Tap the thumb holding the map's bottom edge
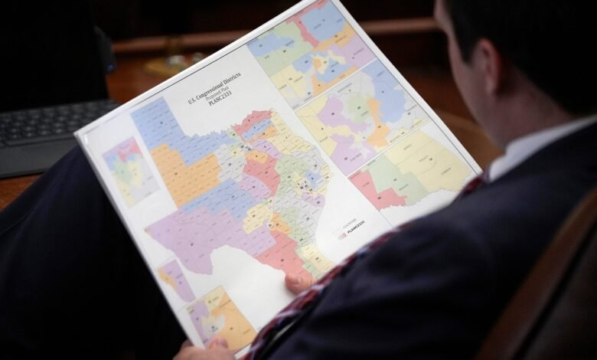click(x=299, y=283)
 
